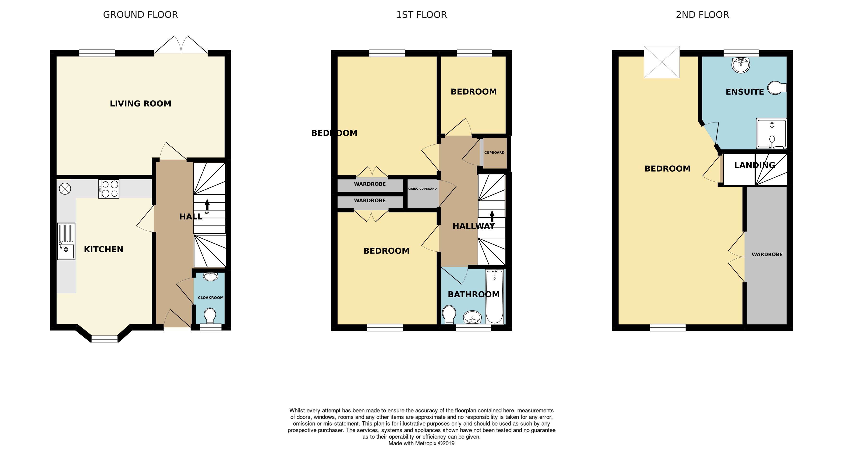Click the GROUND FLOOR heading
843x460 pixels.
140,15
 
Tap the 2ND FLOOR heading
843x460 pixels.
702,15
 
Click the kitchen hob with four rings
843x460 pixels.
109,189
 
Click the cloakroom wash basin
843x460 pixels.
210,276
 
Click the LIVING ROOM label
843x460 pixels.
140,104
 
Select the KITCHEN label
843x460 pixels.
103,249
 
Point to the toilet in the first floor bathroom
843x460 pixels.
449,313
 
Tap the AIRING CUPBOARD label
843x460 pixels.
422,189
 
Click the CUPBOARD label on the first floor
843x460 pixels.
494,152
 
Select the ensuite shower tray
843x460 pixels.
771,133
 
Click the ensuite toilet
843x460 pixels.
777,88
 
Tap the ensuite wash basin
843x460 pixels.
741,65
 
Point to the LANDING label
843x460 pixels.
755,165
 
